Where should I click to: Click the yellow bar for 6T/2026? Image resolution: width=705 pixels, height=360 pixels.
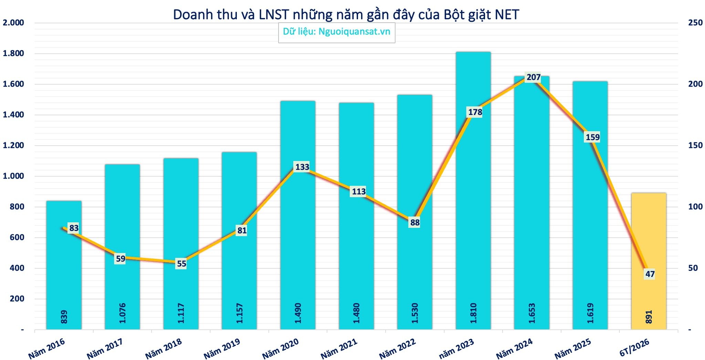(x=649, y=261)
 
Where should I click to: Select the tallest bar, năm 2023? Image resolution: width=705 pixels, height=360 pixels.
(x=473, y=191)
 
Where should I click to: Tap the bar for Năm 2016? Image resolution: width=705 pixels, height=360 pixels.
(x=64, y=265)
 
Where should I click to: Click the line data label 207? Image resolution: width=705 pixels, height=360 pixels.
(x=534, y=77)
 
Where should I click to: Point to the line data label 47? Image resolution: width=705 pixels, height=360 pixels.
(x=650, y=274)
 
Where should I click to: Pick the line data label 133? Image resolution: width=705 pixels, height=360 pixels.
(x=302, y=167)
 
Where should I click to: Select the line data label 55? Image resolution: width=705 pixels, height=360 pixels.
(x=181, y=264)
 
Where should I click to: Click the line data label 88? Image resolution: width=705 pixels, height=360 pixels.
(x=415, y=223)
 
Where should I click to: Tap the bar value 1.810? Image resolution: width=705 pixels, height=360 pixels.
(x=473, y=313)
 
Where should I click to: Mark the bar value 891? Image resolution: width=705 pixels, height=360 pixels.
(x=649, y=317)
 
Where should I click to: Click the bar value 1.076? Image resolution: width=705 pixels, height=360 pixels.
(x=123, y=313)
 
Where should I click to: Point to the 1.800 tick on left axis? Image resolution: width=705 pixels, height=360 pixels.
(x=13, y=53)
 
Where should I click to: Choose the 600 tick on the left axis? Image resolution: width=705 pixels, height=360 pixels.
(x=17, y=237)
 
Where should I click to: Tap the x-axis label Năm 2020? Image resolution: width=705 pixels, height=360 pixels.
(x=280, y=348)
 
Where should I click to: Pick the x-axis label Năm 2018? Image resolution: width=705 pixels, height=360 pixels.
(x=163, y=348)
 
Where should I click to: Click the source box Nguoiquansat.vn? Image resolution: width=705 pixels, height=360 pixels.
(x=337, y=31)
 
